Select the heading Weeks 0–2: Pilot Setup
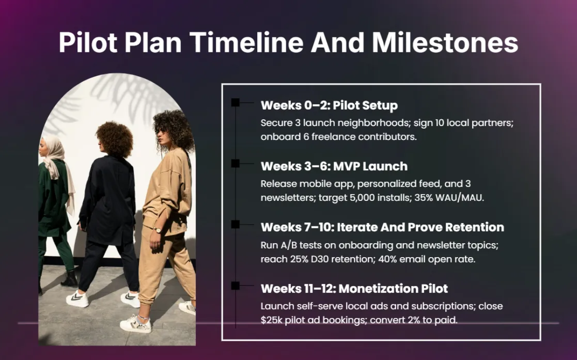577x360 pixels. tap(329, 105)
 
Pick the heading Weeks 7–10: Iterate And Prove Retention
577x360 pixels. tap(382, 227)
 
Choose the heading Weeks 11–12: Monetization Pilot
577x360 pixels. tap(354, 288)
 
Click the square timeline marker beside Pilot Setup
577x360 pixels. tap(235, 102)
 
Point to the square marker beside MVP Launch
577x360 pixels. tap(235, 163)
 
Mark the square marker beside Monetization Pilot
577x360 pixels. tap(235, 286)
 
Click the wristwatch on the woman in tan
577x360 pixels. tap(158, 230)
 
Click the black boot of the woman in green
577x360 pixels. tap(70, 279)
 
